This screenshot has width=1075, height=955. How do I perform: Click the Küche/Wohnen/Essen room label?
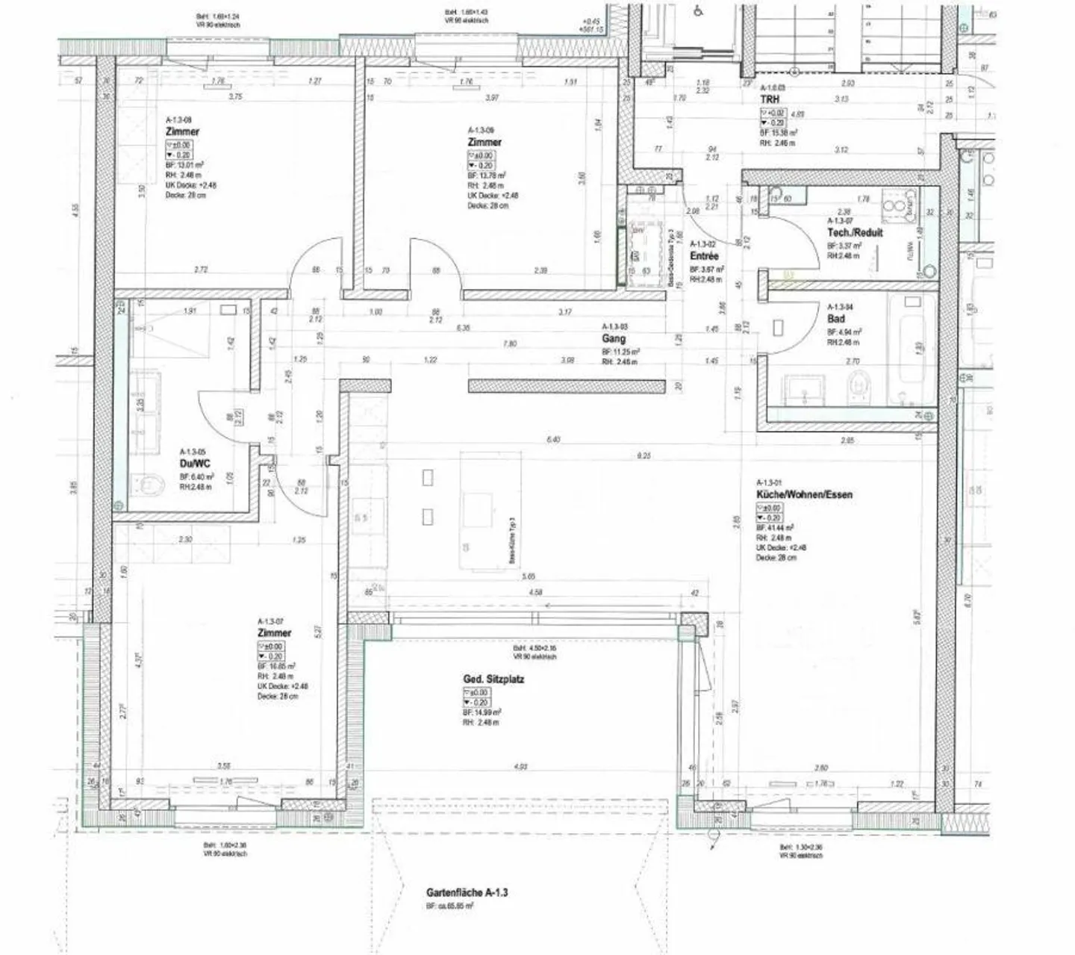[804, 494]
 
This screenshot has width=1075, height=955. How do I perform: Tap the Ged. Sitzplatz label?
[493, 679]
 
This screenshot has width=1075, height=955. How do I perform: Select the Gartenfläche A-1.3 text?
[467, 892]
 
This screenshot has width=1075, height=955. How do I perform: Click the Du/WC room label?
[195, 463]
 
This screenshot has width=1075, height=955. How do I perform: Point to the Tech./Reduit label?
[855, 232]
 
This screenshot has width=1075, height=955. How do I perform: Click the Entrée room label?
[704, 256]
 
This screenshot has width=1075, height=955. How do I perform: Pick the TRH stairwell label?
[770, 99]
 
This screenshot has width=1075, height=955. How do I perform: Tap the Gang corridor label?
[614, 338]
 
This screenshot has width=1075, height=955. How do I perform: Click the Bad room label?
[835, 319]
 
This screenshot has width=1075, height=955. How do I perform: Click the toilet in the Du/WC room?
[149, 485]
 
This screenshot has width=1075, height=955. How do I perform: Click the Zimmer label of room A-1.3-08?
[182, 132]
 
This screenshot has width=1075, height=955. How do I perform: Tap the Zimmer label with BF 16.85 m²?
[274, 633]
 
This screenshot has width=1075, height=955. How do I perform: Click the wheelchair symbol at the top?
[698, 10]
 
